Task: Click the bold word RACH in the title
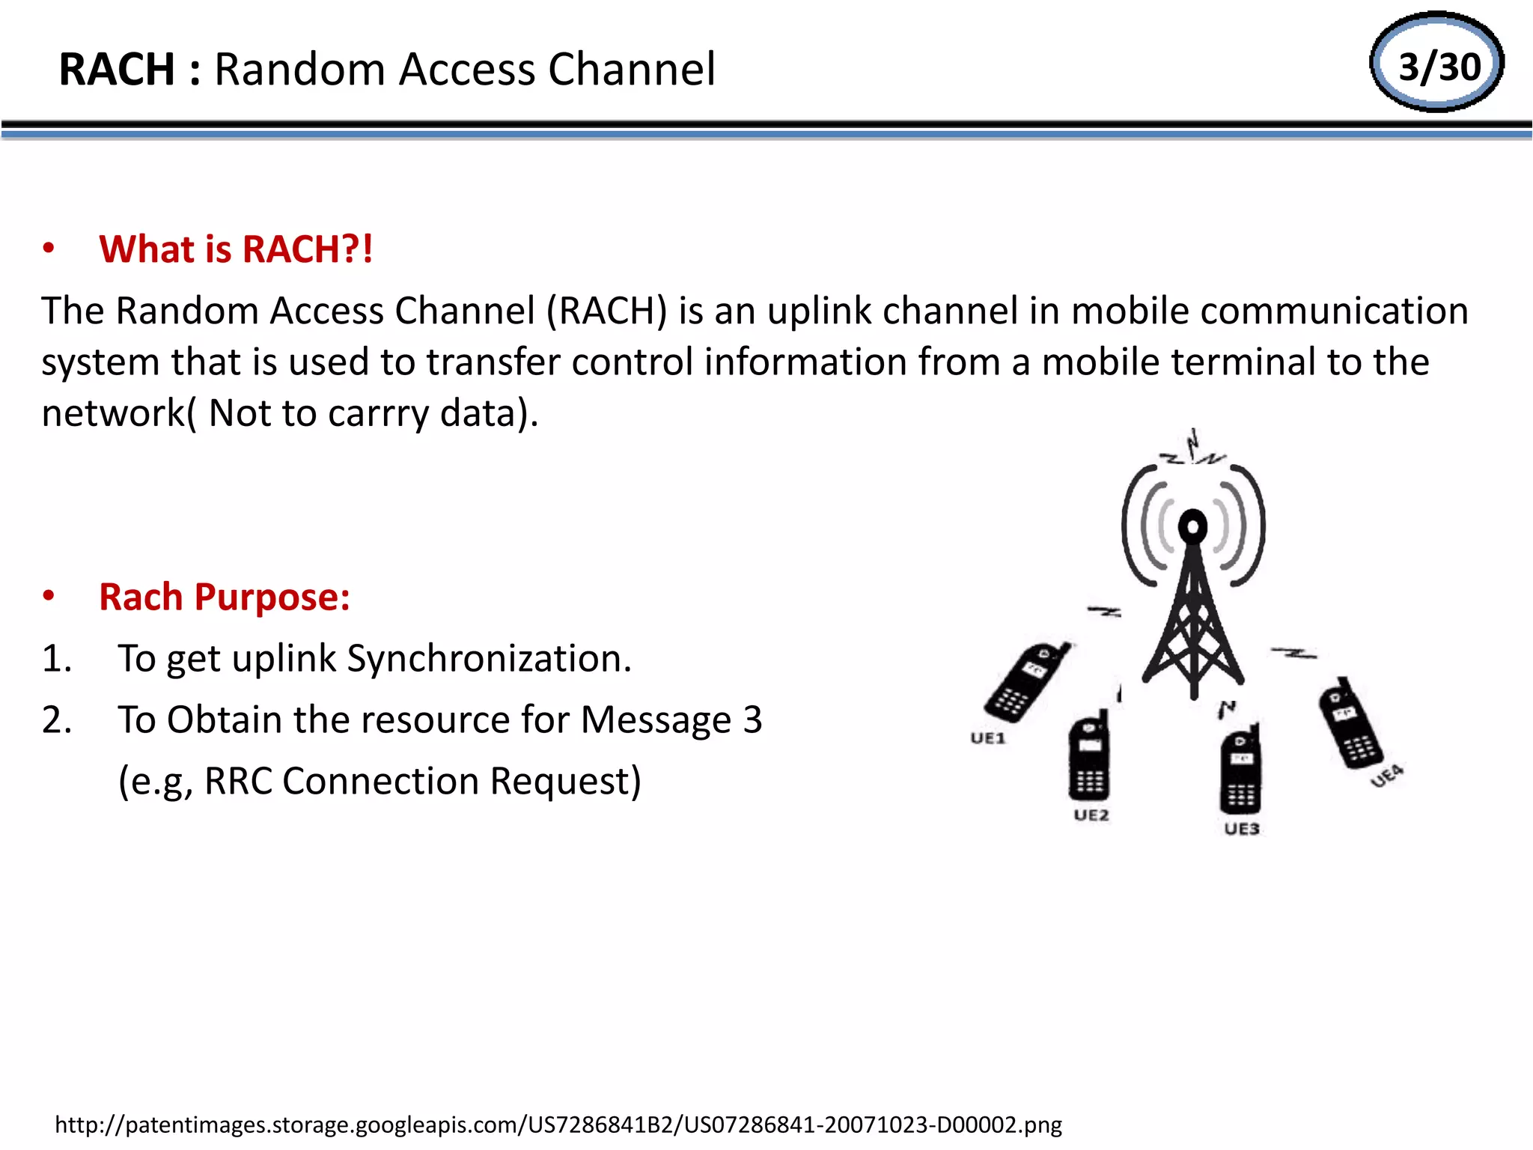pyautogui.click(x=117, y=70)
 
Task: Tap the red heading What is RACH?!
pyautogui.click(x=236, y=249)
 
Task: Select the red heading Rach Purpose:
pyautogui.click(x=225, y=597)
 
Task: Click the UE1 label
pyautogui.click(x=987, y=738)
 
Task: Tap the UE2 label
pyautogui.click(x=1091, y=815)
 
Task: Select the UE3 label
pyautogui.click(x=1242, y=828)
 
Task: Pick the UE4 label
pyautogui.click(x=1386, y=776)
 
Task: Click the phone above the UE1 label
pyautogui.click(x=1025, y=682)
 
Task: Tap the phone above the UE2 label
pyautogui.click(x=1089, y=756)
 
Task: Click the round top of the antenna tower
pyautogui.click(x=1192, y=526)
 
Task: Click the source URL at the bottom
pyautogui.click(x=558, y=1125)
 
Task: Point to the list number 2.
pyautogui.click(x=57, y=720)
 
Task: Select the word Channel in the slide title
pyautogui.click(x=632, y=70)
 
